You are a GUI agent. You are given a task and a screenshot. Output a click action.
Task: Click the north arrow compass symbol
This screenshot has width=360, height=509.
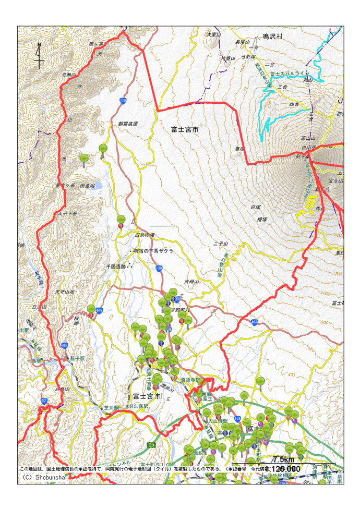tap(39, 56)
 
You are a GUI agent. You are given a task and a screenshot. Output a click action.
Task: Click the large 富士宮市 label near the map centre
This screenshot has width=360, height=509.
tap(185, 128)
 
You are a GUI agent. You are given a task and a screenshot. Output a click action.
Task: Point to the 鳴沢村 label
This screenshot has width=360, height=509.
tap(272, 37)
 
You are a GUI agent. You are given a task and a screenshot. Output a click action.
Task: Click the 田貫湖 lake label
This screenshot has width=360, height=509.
tap(87, 186)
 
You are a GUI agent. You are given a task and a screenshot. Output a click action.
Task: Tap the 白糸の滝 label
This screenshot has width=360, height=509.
tap(145, 235)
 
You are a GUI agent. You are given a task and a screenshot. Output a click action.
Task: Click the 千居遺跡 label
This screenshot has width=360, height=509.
tap(116, 266)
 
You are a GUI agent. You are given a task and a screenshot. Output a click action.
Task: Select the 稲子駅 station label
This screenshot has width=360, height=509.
tap(77, 358)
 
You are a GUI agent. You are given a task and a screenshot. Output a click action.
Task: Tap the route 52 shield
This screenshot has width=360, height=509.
tap(44, 401)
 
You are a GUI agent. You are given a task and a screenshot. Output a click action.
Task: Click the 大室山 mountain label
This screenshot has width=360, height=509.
tap(214, 34)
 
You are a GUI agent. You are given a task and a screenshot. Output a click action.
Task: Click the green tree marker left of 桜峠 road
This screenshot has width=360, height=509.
tap(92, 310)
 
